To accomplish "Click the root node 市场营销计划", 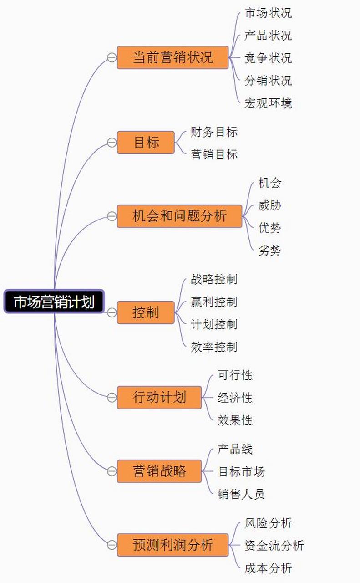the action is pos(54,302).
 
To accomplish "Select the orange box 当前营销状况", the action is pos(172,57).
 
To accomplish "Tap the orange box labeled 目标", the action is pos(146,143).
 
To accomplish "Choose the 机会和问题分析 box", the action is pos(179,216).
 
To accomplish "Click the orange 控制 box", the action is pos(146,312).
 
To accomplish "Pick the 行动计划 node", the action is pos(159,397).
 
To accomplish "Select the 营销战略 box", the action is pos(159,471).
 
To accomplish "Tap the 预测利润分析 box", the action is pos(172,545).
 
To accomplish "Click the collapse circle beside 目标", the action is pos(112,143).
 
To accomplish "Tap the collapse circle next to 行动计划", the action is pos(112,397).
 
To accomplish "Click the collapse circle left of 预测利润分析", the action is pos(112,545).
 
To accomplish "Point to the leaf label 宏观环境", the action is pos(268,103).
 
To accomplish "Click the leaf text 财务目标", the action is pos(214,132).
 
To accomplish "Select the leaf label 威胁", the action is pos(269,205).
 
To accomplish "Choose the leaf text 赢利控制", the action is pos(214,302).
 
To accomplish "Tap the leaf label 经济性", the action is pos(235,398).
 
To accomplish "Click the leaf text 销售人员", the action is pos(241,494).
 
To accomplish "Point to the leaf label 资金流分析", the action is pos(274,546).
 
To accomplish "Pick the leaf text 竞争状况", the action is pos(268,58).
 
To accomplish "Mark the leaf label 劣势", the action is pos(269,250).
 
